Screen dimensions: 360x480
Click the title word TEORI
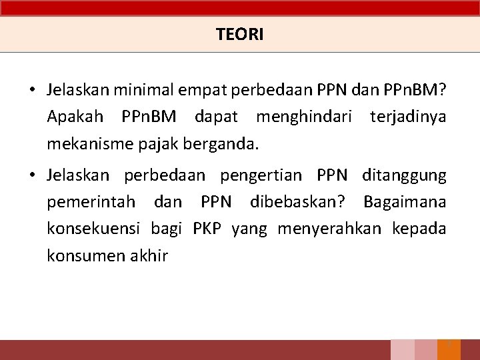pos(240,35)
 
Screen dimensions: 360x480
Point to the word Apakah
pos(75,117)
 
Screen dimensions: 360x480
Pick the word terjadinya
pos(407,117)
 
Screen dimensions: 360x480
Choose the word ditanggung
pos(404,175)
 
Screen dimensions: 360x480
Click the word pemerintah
pos(91,202)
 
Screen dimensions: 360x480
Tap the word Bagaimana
pos(405,202)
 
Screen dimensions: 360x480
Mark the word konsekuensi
pos(93,229)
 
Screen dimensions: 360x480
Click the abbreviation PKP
pos(207,229)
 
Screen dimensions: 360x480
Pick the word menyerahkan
pos(329,229)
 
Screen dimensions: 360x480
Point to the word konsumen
pos(81,255)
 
